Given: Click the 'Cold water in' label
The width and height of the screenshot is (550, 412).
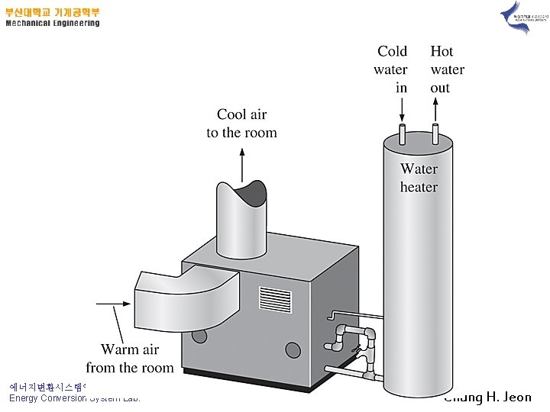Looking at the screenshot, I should coord(391,69).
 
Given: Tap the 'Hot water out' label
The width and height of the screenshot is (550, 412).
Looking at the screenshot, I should coord(446,69).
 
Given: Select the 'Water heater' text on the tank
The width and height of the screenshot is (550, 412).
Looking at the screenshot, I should coord(419,178).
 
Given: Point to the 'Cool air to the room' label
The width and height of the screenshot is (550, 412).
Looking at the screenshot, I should coord(241,124).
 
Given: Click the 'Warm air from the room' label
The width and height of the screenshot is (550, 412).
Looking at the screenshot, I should coord(130,359).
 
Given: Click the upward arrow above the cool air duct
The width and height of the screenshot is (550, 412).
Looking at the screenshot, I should coord(243,162).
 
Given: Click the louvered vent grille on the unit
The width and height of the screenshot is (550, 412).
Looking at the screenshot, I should coord(275,300).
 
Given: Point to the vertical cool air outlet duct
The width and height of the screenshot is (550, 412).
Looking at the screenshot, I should coord(243,221).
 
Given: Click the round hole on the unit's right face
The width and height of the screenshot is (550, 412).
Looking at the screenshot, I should coord(293,349).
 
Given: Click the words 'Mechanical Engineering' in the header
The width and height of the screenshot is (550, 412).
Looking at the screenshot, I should coord(53,24).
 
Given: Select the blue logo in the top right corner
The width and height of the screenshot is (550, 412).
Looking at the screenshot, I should coord(516,17).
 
